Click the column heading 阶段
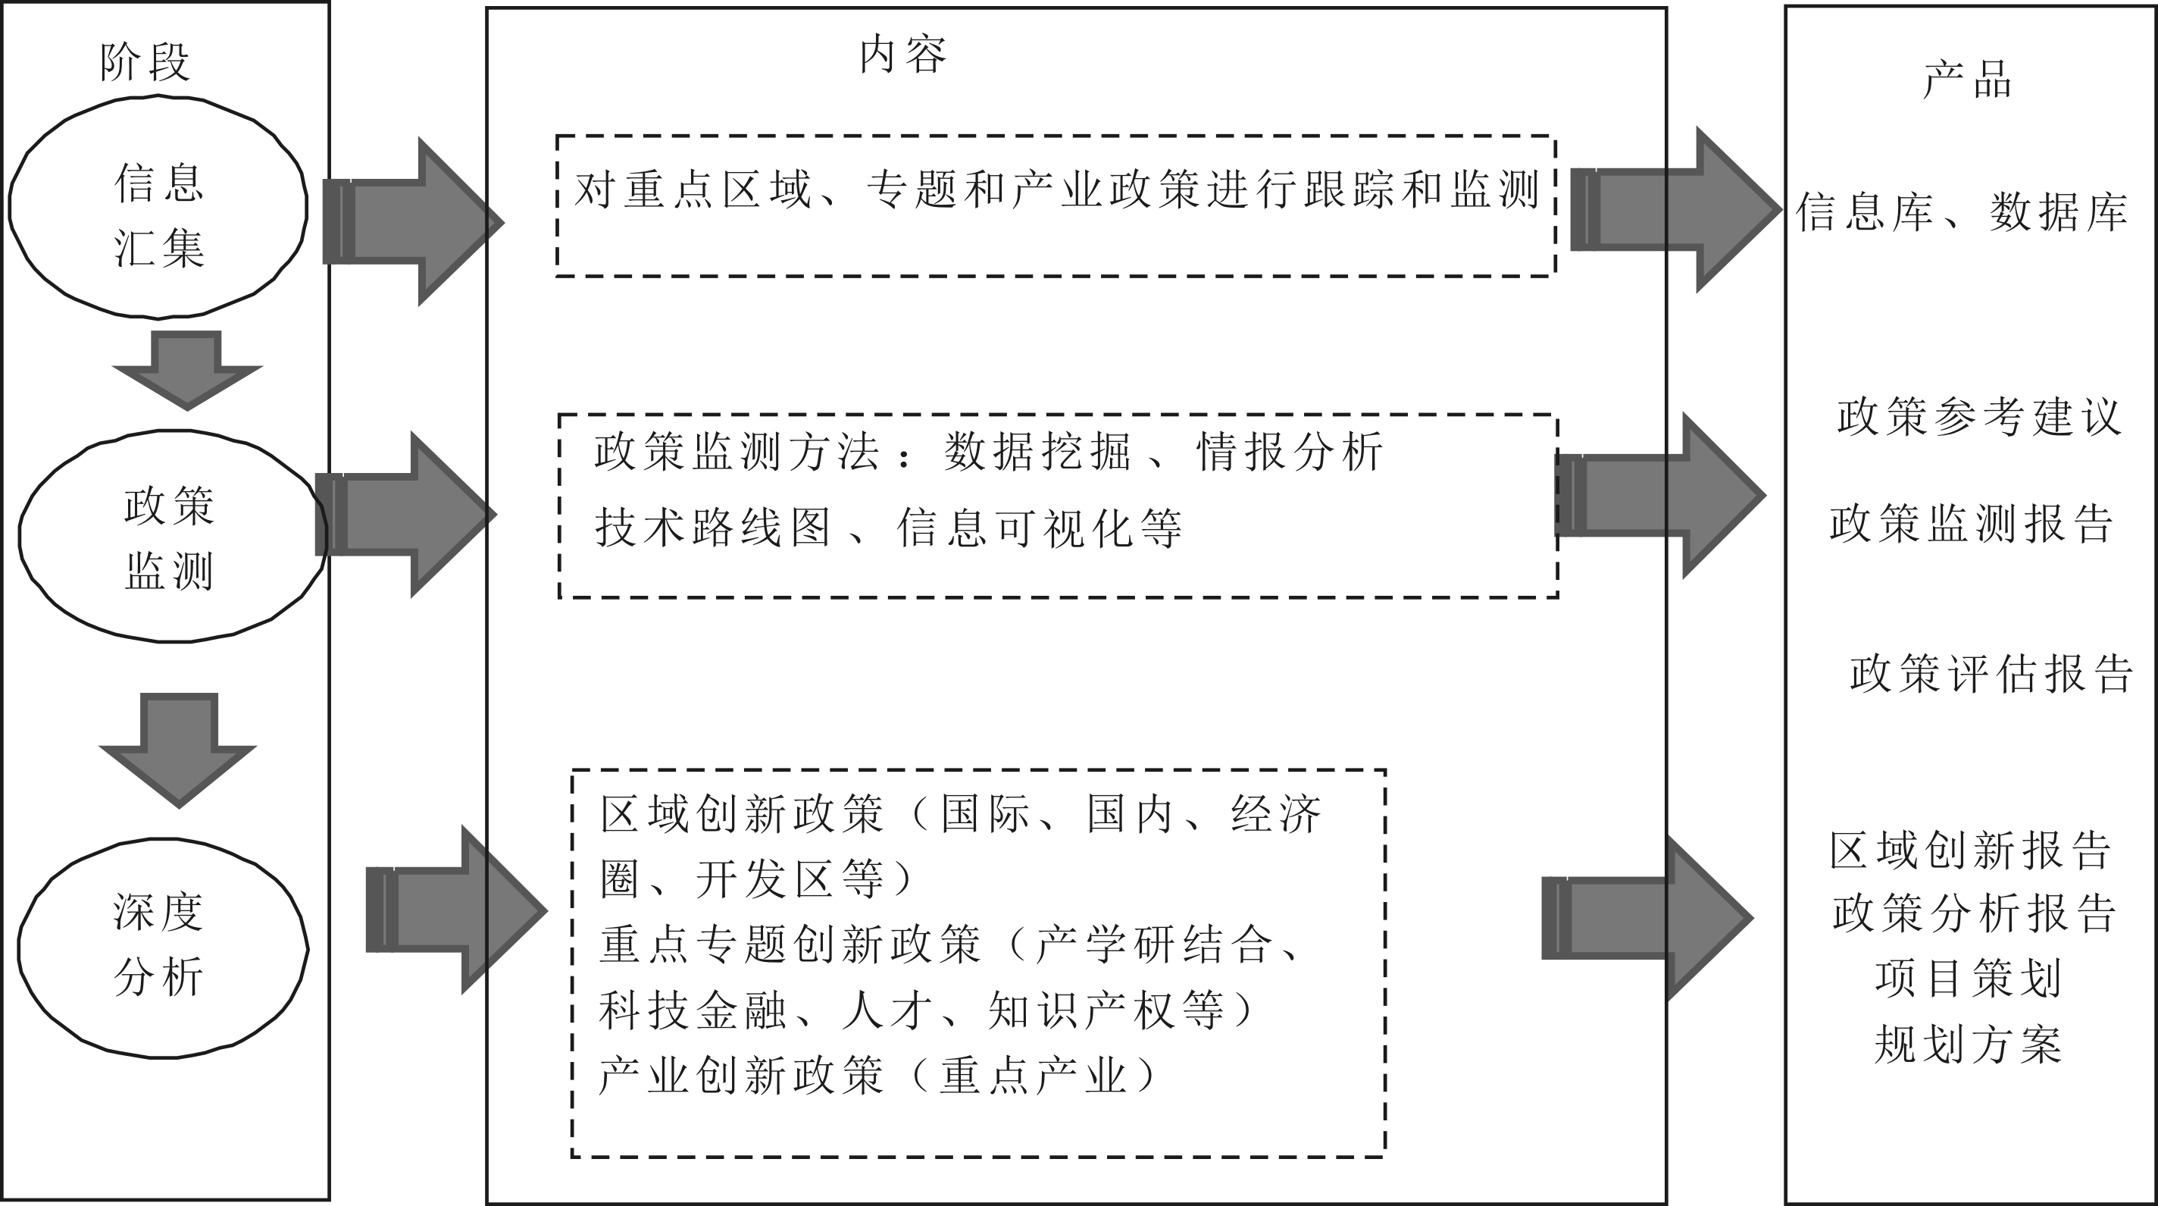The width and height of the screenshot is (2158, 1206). (x=144, y=62)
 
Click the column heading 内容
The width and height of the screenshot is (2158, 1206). (x=903, y=55)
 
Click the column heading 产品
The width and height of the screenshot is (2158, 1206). (x=1966, y=80)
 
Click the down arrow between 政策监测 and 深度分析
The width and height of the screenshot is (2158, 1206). (x=177, y=748)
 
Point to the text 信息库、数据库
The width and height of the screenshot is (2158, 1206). (x=1961, y=212)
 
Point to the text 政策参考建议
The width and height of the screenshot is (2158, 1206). (x=1978, y=416)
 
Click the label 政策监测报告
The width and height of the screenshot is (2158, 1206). (x=1970, y=524)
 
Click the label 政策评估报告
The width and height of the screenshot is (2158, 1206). (x=1991, y=673)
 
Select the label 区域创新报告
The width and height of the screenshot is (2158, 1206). (x=1969, y=850)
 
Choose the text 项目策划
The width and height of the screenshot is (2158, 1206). (x=1968, y=978)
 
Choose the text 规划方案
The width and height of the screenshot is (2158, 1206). (x=1968, y=1045)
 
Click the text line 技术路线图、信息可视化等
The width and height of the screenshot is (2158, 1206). (x=888, y=528)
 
